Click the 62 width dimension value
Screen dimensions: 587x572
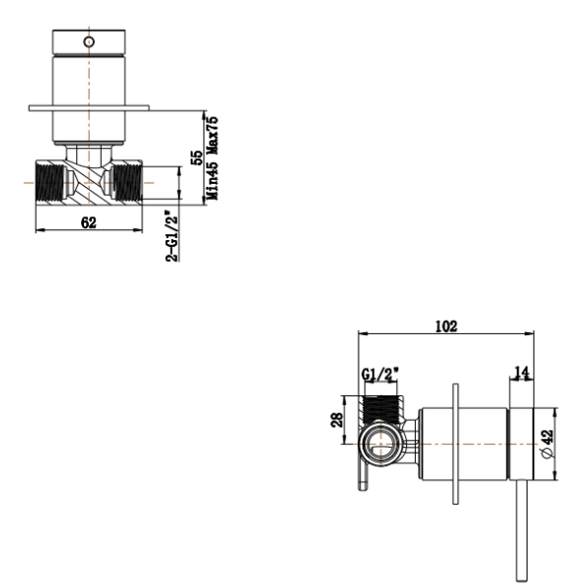[89, 223]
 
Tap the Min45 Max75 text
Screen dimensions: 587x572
[212, 156]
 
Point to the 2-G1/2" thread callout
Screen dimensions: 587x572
[173, 233]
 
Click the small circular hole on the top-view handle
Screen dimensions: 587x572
[90, 42]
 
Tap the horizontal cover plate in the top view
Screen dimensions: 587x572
[90, 107]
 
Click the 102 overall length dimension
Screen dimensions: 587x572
[447, 327]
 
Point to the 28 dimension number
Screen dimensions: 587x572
[335, 422]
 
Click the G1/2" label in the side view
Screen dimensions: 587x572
[381, 375]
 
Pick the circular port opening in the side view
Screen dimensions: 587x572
[378, 446]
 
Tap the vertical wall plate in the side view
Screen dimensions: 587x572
[455, 446]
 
